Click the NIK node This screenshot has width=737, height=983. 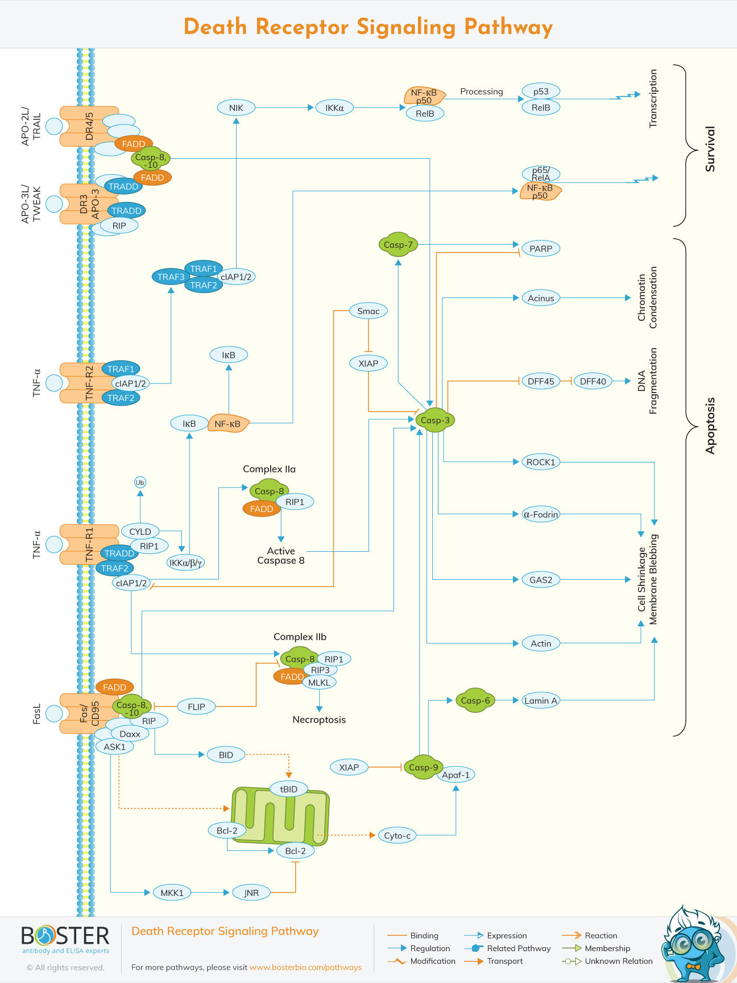[236, 108]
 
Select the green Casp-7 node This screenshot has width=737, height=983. [398, 245]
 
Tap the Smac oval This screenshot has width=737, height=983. [368, 311]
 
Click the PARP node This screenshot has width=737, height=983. [540, 249]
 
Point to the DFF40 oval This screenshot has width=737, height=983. [593, 381]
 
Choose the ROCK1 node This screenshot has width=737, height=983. [540, 462]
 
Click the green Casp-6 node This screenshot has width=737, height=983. [475, 700]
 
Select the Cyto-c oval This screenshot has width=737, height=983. [397, 835]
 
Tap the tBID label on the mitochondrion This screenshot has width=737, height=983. [289, 789]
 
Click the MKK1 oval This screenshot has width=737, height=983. [172, 893]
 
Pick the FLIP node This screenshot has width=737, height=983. [196, 707]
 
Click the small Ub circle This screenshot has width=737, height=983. [140, 482]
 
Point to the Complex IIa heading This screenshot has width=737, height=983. [269, 469]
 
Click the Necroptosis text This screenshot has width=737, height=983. [319, 720]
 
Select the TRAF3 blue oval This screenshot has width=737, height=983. [171, 277]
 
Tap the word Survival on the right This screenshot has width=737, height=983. [710, 149]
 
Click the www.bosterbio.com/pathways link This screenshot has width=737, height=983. [305, 967]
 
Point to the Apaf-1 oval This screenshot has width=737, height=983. [456, 775]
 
